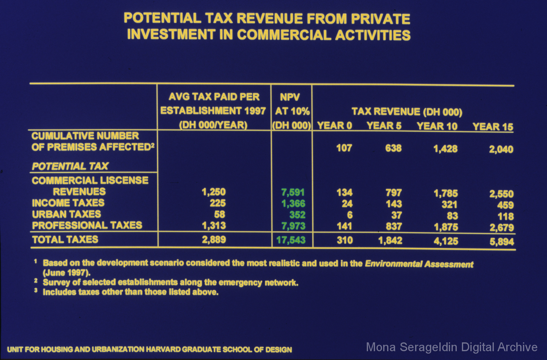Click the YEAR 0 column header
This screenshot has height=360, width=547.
click(x=334, y=126)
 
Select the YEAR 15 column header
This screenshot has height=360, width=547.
click(x=493, y=126)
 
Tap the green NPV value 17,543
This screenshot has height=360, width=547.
click(x=291, y=240)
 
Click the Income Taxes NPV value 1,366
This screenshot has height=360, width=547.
click(x=293, y=203)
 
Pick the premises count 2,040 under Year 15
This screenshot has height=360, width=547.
click(x=501, y=149)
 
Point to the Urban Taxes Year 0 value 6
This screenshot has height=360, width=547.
click(x=349, y=215)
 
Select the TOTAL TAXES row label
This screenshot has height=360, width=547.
click(x=65, y=240)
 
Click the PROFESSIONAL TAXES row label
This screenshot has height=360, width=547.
click(x=87, y=225)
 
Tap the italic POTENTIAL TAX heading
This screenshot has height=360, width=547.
click(x=70, y=166)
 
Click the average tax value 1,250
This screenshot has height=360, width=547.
click(x=214, y=192)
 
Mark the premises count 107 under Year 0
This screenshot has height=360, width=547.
click(x=344, y=148)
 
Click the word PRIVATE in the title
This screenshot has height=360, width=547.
click(x=380, y=19)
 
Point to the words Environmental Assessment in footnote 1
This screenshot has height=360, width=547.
click(x=419, y=264)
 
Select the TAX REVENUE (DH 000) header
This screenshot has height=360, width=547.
click(x=407, y=112)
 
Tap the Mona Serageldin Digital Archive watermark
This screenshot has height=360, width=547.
click(x=452, y=347)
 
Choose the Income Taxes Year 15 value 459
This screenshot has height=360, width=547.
click(x=505, y=205)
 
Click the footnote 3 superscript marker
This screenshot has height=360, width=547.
click(x=36, y=290)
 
